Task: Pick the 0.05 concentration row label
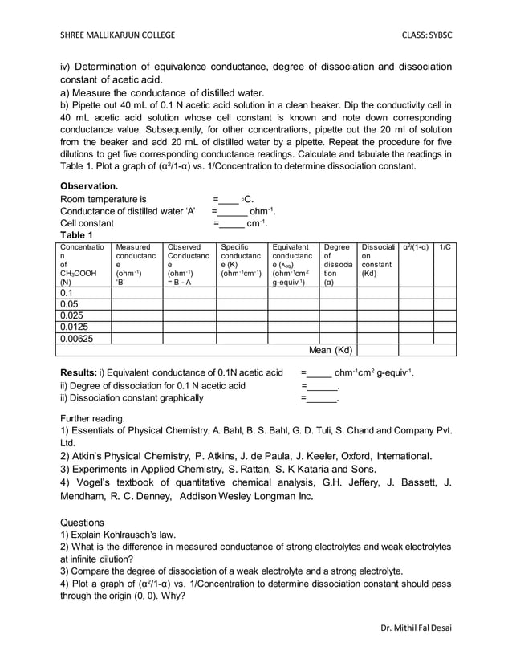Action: click(70, 304)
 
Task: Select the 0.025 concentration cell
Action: click(72, 315)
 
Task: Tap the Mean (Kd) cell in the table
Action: click(331, 350)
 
